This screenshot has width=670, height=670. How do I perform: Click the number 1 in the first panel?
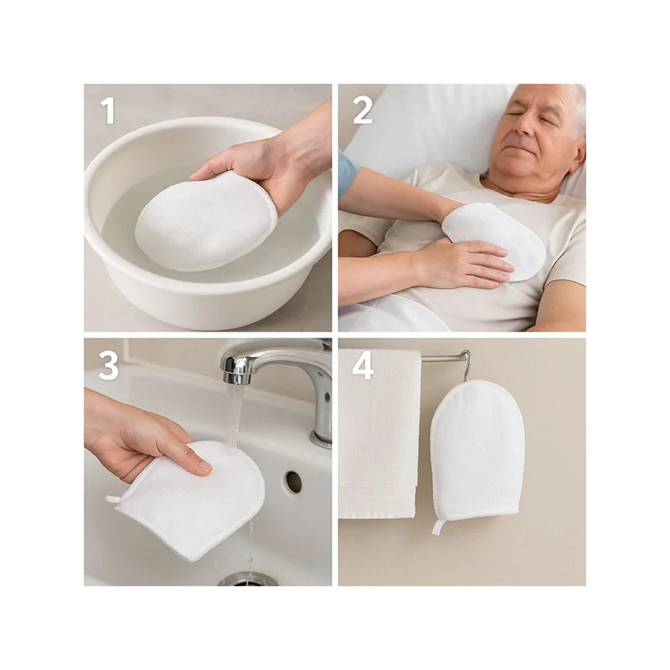click(x=108, y=111)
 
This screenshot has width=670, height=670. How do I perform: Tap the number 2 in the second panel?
click(x=363, y=111)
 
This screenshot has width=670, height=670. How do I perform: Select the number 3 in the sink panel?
click(x=108, y=366)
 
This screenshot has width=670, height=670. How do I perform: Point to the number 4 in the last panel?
click(x=363, y=366)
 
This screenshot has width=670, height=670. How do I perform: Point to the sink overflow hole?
click(x=294, y=481)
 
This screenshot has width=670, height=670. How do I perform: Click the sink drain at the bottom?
click(x=244, y=580)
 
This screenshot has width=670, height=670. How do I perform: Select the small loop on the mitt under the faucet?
click(x=112, y=498)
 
